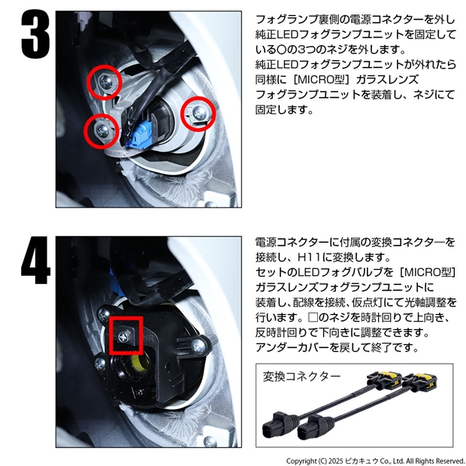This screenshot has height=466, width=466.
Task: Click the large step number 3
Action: (35, 35)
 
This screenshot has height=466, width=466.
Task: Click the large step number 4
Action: (35, 260)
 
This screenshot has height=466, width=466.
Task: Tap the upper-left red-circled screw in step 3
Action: (105, 80)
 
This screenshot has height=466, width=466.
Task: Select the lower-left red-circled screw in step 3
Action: (102, 129)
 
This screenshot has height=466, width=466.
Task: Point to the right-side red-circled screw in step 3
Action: (199, 112)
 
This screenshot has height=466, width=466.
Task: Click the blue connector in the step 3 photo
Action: (139, 137)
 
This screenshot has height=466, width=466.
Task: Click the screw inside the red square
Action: (123, 337)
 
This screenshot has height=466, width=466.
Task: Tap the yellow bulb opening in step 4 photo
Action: (141, 363)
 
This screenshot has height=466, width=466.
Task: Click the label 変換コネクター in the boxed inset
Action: (301, 377)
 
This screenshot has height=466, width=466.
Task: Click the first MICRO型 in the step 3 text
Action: (322, 80)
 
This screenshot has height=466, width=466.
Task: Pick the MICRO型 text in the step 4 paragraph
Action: (429, 272)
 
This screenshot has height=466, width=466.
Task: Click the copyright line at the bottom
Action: (375, 461)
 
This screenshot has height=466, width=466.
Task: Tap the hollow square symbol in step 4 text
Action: (313, 317)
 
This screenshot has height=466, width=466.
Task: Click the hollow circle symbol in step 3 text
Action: (280, 50)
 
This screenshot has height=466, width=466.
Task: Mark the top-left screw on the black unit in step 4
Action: (104, 314)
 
